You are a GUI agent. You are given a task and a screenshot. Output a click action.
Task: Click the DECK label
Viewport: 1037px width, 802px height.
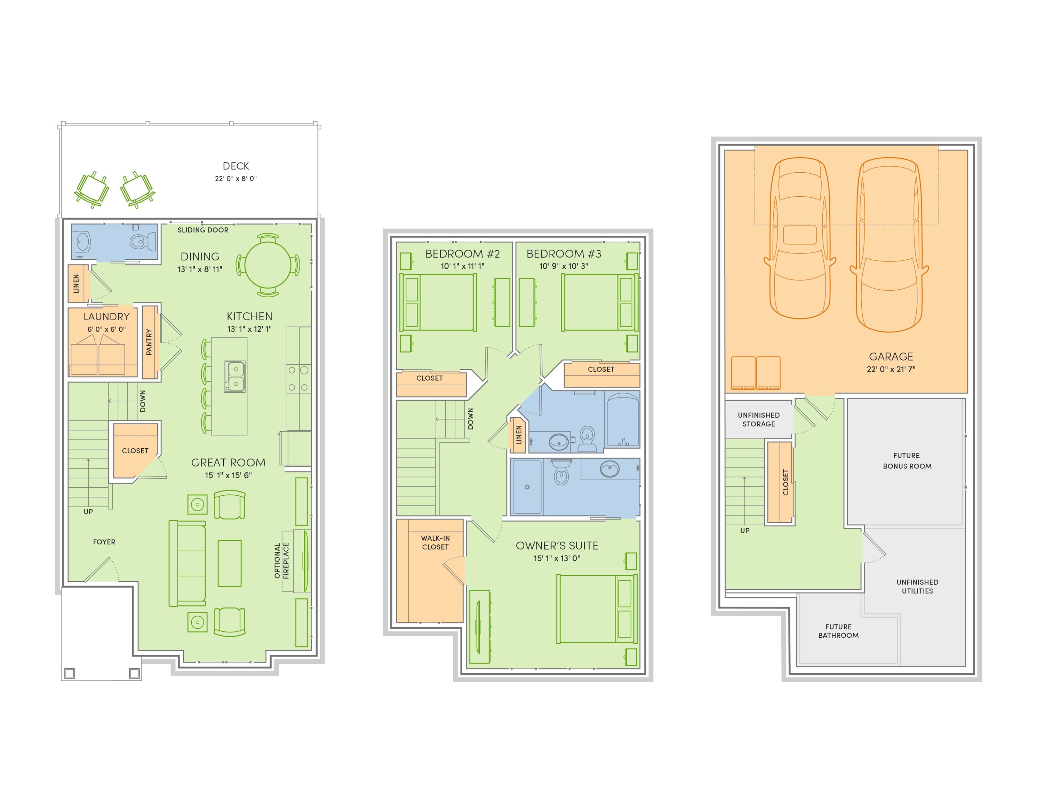click(x=236, y=166)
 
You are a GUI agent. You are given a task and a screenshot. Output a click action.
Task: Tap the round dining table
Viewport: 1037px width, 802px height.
click(x=268, y=265)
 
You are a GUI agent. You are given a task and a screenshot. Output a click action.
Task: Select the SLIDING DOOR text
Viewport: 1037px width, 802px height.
click(x=203, y=230)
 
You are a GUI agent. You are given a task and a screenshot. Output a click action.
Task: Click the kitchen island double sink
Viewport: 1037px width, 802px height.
click(x=235, y=376)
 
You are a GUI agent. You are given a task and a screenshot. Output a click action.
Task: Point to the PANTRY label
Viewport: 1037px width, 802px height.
click(x=149, y=342)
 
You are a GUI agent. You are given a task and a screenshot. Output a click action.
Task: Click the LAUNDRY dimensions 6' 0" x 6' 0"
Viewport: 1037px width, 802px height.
click(x=106, y=329)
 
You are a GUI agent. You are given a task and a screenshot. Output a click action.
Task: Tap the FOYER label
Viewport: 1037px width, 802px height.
click(x=104, y=542)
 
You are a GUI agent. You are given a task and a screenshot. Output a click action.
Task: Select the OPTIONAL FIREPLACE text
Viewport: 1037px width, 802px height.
click(x=281, y=561)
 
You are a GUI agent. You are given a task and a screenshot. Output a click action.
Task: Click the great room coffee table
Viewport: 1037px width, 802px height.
click(x=229, y=564)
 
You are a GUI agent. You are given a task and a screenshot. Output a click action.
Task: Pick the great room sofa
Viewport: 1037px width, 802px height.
click(x=188, y=564)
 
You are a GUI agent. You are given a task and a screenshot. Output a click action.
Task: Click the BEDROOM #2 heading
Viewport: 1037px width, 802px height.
click(x=462, y=254)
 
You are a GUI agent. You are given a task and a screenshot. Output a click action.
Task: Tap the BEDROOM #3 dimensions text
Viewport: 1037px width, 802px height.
click(x=564, y=266)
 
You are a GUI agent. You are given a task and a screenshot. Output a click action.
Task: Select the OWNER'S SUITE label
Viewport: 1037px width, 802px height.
click(x=557, y=545)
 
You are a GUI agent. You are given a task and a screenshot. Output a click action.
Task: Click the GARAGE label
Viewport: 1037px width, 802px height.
click(x=891, y=356)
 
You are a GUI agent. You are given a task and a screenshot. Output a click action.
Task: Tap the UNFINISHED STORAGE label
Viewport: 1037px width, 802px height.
click(x=758, y=419)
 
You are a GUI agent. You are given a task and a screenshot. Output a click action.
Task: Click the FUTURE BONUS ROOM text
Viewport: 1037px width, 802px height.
click(x=907, y=461)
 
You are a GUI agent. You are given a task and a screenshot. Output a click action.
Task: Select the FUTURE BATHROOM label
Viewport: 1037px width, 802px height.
click(x=838, y=631)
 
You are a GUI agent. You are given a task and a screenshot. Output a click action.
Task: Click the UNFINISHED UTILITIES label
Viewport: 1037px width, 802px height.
click(x=917, y=586)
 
